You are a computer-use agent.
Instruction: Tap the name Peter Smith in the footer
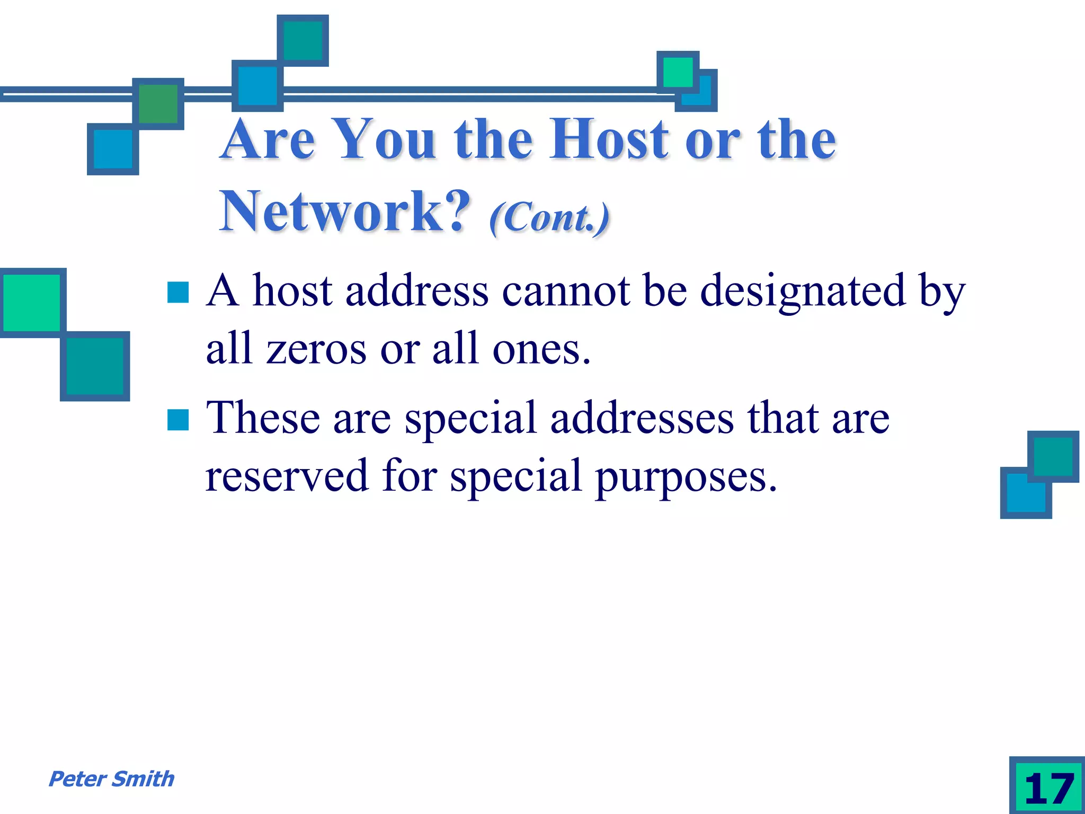(111, 779)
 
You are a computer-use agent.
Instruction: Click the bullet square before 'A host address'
(178, 292)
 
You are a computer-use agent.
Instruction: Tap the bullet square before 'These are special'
(178, 420)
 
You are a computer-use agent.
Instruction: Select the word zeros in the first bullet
(316, 350)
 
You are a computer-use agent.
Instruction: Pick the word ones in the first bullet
(540, 350)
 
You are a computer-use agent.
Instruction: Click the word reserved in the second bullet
(287, 475)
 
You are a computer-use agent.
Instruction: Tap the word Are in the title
(269, 139)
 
